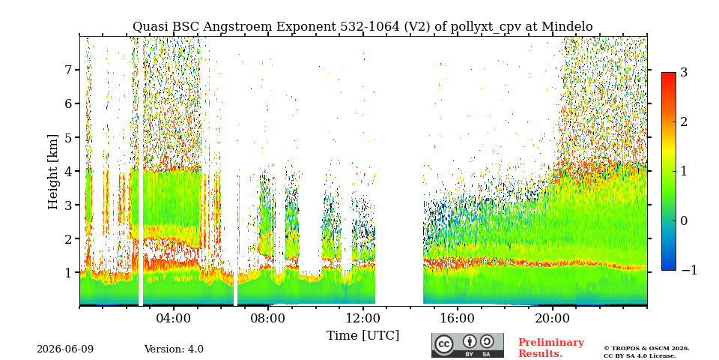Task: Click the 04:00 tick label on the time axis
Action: pos(174,318)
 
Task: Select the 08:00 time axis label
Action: pos(268,318)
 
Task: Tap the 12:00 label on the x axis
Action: pos(362,318)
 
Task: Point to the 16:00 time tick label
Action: pos(457,318)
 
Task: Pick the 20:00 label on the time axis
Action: pos(552,318)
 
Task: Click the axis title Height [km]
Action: pos(54,172)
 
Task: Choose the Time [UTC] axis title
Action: pos(362,335)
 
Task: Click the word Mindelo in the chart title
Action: pos(567,27)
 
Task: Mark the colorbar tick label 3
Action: pos(684,73)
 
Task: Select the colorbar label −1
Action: pos(689,270)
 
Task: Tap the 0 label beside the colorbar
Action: pos(684,220)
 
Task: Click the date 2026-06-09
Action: pos(65,349)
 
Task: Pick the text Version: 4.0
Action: pos(174,349)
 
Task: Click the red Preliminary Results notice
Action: pos(551,347)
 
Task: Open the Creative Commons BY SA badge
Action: pos(467,345)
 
